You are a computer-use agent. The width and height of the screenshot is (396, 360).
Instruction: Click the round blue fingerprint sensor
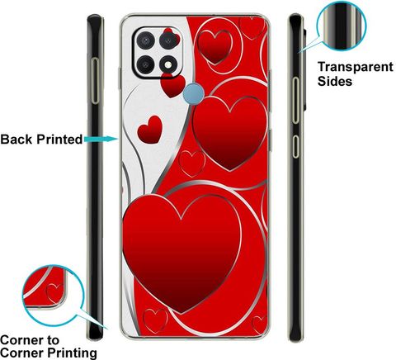pos(194,94)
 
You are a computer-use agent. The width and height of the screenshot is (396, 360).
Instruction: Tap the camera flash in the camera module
pos(168,65)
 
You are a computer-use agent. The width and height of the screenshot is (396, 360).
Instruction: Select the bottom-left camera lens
pos(145,65)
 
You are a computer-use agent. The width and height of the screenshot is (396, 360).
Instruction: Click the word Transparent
pos(356,67)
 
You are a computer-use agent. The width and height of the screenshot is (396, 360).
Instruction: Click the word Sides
pos(335,81)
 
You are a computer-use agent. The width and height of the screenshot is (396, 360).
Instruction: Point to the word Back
pos(16,140)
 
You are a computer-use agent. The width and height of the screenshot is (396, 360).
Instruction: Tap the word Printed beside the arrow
pos(59,140)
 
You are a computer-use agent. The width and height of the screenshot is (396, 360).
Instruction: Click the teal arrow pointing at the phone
pos(101,139)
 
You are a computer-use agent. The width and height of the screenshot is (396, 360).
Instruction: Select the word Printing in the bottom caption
pos(72,353)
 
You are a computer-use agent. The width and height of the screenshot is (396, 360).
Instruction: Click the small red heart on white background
pos(150,130)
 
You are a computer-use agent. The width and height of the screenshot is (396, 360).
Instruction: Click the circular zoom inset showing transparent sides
pos(342,26)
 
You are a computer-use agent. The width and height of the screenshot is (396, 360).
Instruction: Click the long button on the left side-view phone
pos(95,81)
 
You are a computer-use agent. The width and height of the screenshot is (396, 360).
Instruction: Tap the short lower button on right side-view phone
pos(295,146)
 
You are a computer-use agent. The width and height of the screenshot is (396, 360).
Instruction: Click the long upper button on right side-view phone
pos(295,100)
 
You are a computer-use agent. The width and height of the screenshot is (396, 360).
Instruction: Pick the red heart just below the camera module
pos(173,85)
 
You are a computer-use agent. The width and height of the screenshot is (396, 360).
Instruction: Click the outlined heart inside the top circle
pos(215,47)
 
